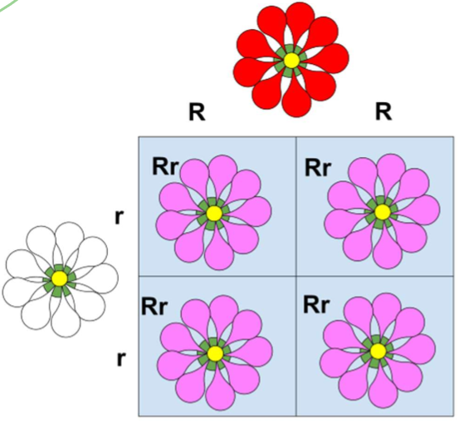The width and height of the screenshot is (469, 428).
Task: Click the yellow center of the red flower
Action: [291, 61]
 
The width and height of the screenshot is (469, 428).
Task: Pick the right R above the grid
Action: [384, 112]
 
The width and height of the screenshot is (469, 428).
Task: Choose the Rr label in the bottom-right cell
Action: [318, 303]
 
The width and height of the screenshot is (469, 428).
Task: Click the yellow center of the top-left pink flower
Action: [214, 214]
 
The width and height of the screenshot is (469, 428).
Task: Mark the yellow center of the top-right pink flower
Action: [382, 212]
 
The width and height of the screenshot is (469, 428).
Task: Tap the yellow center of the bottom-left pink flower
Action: [215, 353]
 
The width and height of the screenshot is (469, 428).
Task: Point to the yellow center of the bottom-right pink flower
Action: [379, 351]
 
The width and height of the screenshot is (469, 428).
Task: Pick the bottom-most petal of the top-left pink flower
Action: [218, 253]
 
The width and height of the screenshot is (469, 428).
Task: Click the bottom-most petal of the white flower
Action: [61, 316]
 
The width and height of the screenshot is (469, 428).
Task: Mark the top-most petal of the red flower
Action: [291, 21]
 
